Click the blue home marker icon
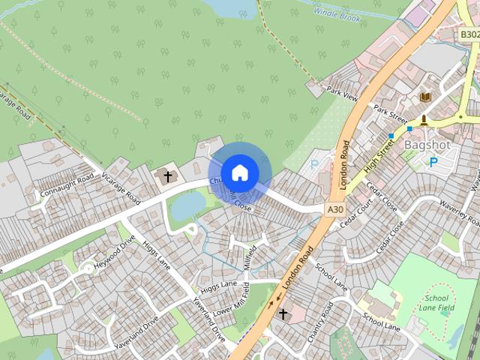pyautogui.click(x=239, y=173)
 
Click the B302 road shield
pyautogui.click(x=469, y=34)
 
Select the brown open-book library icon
pyautogui.click(x=426, y=97)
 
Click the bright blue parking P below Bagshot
pyautogui.click(x=432, y=162)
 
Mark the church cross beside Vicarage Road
pyautogui.click(x=167, y=177)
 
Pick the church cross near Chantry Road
pyautogui.click(x=283, y=313)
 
